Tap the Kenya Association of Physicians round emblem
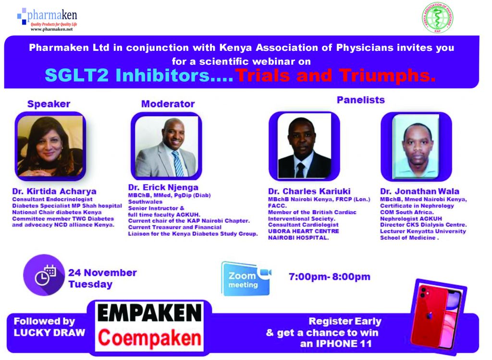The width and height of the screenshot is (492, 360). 437,18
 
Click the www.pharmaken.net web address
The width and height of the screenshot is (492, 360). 51,29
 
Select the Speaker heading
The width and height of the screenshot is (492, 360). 49,104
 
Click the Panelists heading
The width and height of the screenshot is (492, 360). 360,100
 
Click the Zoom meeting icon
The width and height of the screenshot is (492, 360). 246,278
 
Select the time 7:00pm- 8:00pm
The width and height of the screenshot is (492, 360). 329,277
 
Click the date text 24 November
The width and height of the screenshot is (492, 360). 102,273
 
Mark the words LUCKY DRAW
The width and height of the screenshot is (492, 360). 49,333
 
